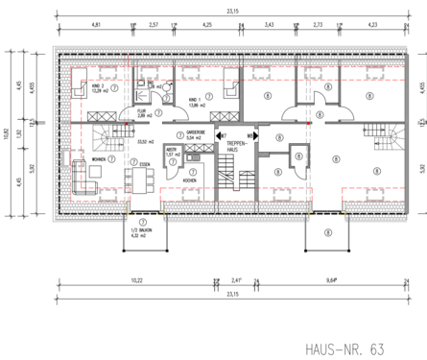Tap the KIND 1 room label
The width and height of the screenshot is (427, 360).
coord(196,98)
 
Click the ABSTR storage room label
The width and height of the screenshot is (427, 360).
coord(170,150)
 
